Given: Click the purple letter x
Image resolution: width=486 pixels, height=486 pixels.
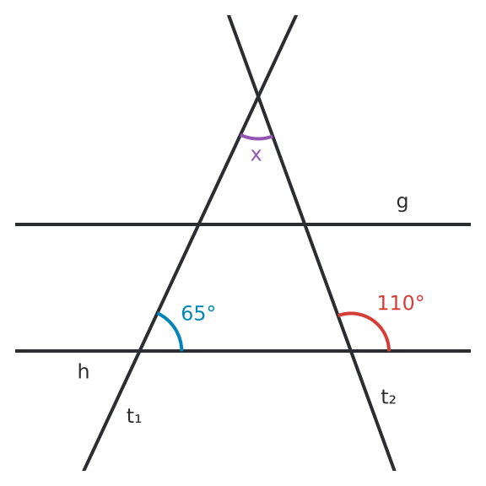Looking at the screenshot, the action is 256,155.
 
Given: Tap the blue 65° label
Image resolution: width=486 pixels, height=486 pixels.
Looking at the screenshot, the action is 198,313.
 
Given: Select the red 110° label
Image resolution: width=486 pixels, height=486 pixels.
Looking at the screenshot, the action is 401,303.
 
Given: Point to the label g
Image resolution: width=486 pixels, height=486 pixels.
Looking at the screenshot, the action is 402,203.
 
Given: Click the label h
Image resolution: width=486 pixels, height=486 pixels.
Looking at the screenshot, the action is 84,371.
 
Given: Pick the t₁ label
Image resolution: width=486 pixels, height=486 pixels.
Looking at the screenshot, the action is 134,416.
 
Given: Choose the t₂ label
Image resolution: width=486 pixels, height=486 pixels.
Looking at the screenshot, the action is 388,397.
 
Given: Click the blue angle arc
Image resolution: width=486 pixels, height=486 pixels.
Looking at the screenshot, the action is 174,327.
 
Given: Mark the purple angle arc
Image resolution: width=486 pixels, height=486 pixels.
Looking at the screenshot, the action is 256,138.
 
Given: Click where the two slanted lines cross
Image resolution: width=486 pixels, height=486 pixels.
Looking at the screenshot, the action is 258,96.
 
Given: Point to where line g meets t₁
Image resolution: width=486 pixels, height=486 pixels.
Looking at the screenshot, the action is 198,224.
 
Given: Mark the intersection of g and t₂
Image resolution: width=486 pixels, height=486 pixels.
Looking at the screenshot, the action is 305,224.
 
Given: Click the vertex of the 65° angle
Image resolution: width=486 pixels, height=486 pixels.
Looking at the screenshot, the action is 139,351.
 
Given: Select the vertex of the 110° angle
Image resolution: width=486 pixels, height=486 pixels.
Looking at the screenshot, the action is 351,351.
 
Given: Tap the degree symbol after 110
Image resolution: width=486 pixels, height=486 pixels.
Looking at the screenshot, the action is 419,299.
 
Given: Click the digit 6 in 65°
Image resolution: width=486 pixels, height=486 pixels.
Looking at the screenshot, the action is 187,313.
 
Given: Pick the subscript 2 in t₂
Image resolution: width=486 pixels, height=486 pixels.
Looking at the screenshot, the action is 392,400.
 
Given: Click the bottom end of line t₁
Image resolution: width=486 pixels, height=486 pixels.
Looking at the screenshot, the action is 84,471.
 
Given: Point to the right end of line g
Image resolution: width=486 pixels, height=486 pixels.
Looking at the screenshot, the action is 471,224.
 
